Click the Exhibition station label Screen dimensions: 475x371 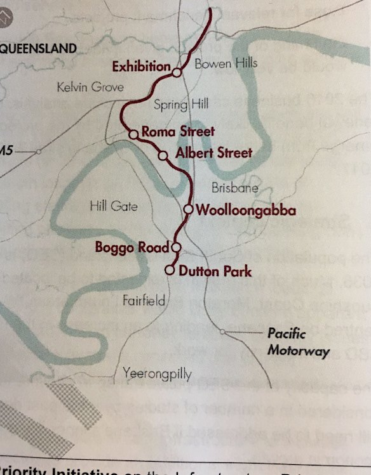tap(141, 66)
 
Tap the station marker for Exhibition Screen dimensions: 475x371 tap(177, 72)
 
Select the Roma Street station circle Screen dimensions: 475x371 tap(133, 134)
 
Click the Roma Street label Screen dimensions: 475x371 tap(179, 132)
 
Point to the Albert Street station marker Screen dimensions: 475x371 tap(163, 155)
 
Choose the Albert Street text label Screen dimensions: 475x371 tap(213, 153)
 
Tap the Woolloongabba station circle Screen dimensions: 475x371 tap(188, 209)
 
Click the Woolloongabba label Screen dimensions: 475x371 tap(246, 209)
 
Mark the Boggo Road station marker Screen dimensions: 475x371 tap(176, 247)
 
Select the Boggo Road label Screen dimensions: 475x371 tap(132, 247)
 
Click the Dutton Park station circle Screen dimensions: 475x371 tap(170, 271)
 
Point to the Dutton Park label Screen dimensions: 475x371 tap(215, 271)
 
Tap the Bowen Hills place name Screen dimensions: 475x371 tap(226, 63)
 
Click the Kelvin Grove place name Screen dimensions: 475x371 tap(90, 87)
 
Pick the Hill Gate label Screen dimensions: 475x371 tap(114, 205)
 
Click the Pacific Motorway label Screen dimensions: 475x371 tap(298, 342)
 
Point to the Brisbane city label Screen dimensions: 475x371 tap(235, 188)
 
